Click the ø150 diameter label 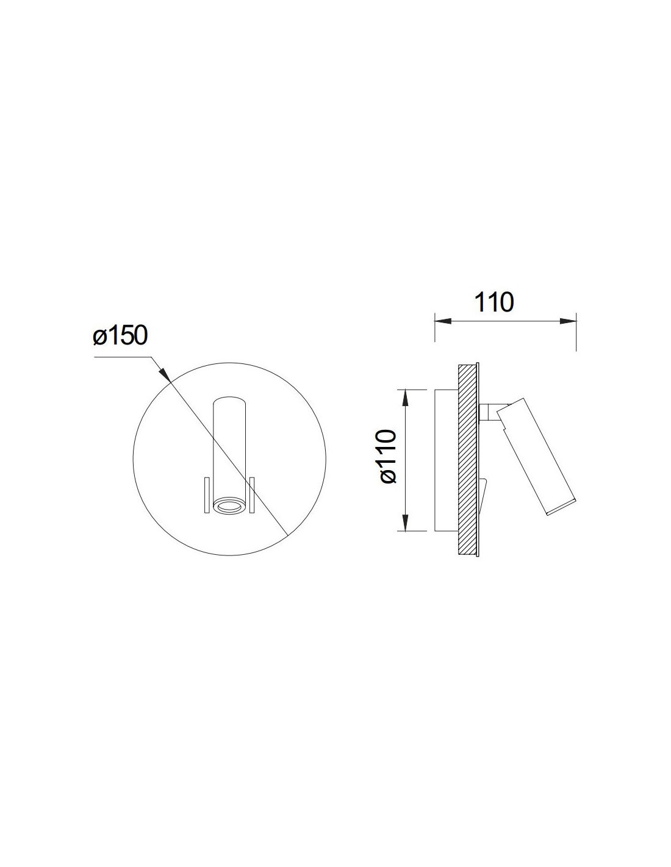pyautogui.click(x=120, y=335)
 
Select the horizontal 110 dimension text pyautogui.click(x=493, y=302)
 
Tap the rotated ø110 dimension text pyautogui.click(x=388, y=457)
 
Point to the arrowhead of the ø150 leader pyautogui.click(x=165, y=373)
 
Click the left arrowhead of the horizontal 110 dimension pyautogui.click(x=443, y=321)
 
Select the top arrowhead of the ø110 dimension pyautogui.click(x=405, y=398)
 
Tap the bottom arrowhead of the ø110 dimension pyautogui.click(x=405, y=523)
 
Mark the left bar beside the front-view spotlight pyautogui.click(x=207, y=494)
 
